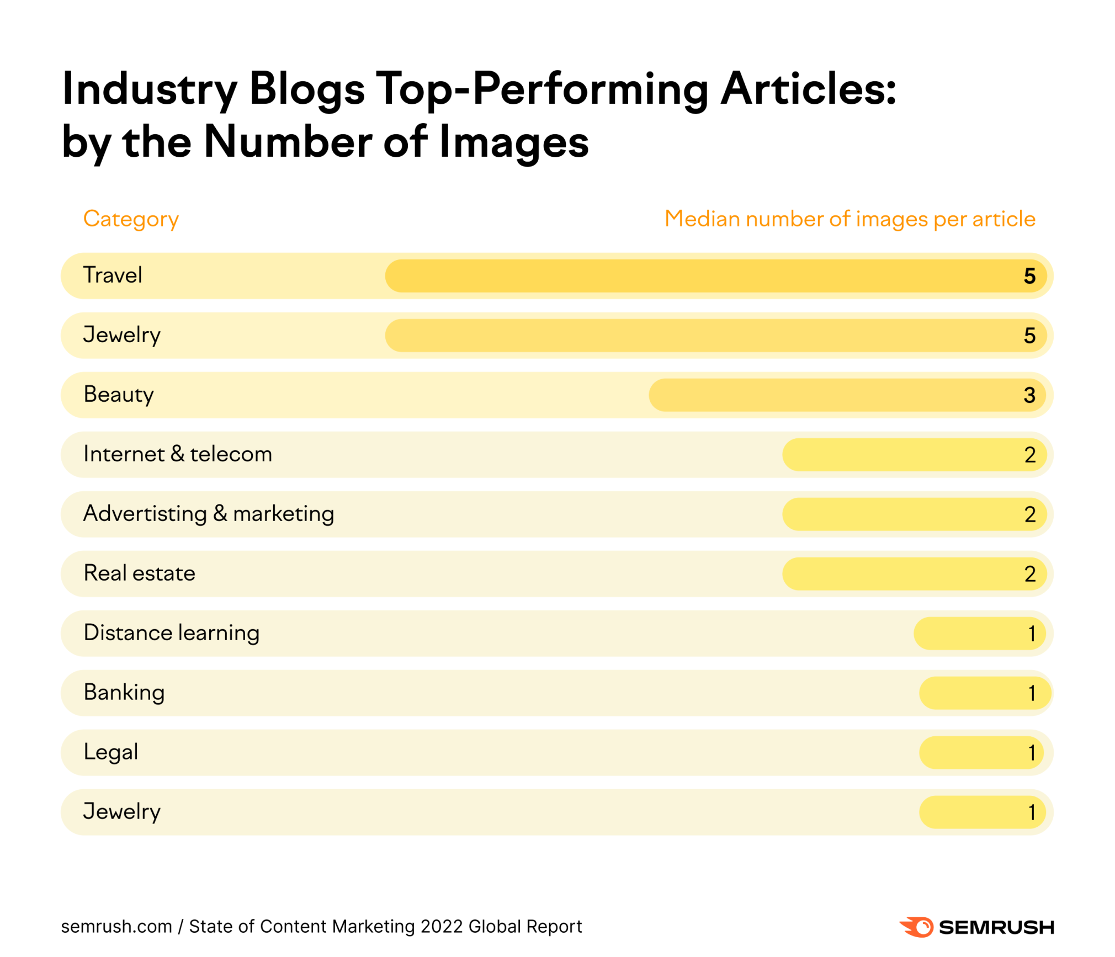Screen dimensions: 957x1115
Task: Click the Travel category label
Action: pos(113,275)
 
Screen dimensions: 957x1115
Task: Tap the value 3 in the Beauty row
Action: pos(1029,395)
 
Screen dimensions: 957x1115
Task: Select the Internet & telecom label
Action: pos(178,454)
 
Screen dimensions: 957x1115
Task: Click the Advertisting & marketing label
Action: pos(209,513)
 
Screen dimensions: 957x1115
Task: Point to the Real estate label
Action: pos(139,573)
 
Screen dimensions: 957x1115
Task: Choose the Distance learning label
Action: pos(171,632)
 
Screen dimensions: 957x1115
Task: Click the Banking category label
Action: pos(124,692)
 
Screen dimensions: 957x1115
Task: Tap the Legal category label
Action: pos(110,752)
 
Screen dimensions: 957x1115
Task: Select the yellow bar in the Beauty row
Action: pos(828,395)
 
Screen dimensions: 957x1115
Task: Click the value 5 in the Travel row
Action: pos(1029,276)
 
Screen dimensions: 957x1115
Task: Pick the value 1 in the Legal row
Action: pos(1031,753)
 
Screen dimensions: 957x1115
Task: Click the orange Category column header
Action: pos(131,219)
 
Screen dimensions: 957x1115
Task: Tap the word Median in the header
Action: pos(702,219)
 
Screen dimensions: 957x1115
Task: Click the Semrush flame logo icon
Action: pos(917,927)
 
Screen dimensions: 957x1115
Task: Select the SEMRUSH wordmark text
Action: pos(996,927)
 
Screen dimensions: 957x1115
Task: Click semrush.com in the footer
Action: pos(116,926)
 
